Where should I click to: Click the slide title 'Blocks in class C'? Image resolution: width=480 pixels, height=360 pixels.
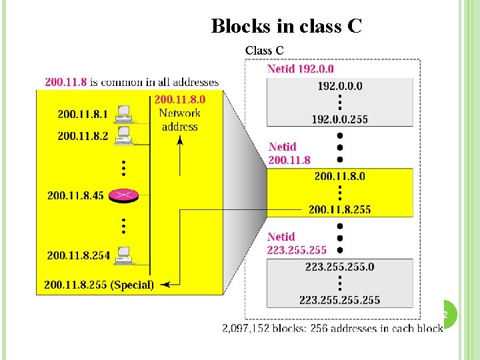tap(286, 26)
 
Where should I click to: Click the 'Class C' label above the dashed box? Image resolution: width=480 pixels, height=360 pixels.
tap(264, 50)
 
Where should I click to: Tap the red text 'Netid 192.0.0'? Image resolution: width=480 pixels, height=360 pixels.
tap(301, 69)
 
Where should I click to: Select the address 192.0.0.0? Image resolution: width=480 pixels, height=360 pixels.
tap(340, 86)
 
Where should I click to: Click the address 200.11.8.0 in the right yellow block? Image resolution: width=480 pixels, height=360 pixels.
tap(339, 176)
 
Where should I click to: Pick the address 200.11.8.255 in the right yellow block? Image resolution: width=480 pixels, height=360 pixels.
tap(339, 209)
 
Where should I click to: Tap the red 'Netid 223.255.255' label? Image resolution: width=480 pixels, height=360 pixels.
tap(297, 243)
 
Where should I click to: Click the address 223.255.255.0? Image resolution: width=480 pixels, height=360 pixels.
tap(339, 267)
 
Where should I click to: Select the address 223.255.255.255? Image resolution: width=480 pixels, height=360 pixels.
tap(339, 300)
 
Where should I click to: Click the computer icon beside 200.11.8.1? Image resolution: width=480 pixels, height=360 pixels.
tap(123, 114)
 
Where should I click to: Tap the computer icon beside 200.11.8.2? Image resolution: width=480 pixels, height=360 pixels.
tap(123, 135)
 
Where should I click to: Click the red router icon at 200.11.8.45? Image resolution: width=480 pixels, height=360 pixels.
tap(123, 195)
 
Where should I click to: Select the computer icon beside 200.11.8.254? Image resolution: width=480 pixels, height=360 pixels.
tap(123, 255)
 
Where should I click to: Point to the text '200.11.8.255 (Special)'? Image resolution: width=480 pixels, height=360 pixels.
tap(99, 285)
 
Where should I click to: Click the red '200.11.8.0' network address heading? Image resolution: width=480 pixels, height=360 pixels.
tap(179, 99)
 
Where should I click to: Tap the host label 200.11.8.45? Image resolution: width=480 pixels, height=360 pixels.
tap(75, 195)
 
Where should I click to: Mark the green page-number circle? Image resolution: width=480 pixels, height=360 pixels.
tap(447, 313)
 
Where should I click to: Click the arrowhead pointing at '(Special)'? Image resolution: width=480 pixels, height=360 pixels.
tap(165, 285)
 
